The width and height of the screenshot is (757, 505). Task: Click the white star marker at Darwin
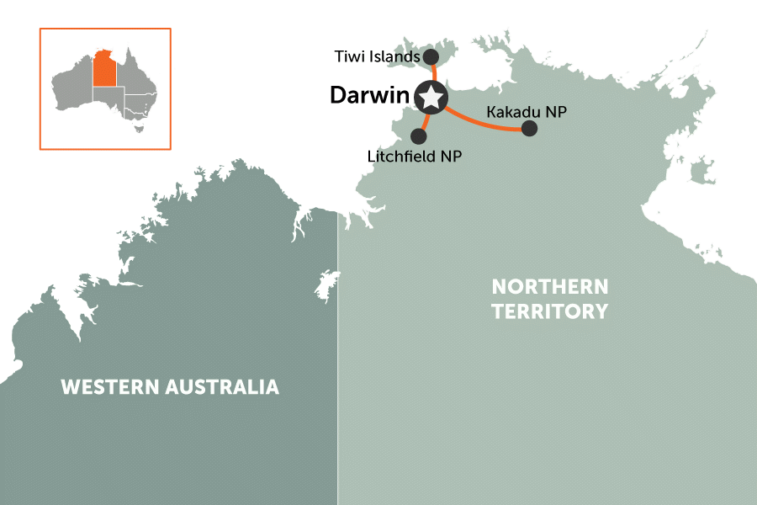point(431,98)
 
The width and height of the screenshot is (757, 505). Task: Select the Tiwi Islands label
point(376,57)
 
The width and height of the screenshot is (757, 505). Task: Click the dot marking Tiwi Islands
point(430,56)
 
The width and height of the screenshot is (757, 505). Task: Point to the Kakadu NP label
point(514,111)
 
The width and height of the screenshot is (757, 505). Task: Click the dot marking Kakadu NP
point(529,128)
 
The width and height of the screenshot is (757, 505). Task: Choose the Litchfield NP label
point(415,156)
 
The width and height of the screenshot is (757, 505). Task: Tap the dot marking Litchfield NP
point(419,135)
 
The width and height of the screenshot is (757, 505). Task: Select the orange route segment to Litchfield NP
point(425,120)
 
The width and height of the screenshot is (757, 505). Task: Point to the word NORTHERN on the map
point(549,287)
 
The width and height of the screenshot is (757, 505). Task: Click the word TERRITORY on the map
point(549,311)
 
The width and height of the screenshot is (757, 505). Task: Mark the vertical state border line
point(338,379)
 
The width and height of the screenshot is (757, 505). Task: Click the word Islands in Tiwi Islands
point(398,57)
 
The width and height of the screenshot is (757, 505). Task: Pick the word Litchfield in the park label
point(404,156)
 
